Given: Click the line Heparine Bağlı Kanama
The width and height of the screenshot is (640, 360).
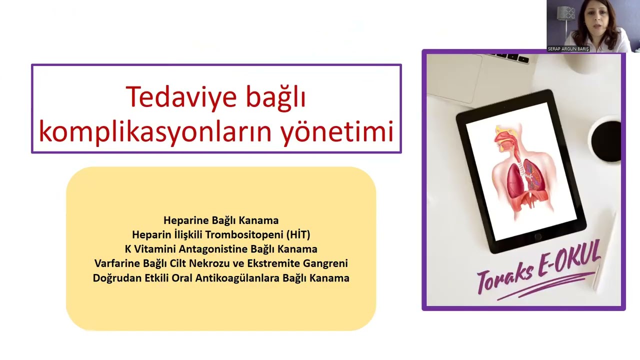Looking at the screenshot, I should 221,220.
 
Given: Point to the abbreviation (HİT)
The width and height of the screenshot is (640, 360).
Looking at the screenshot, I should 299,234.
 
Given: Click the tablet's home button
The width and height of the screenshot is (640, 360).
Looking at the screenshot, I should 538,236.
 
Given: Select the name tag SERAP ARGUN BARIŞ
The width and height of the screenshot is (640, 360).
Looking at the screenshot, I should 568,49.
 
